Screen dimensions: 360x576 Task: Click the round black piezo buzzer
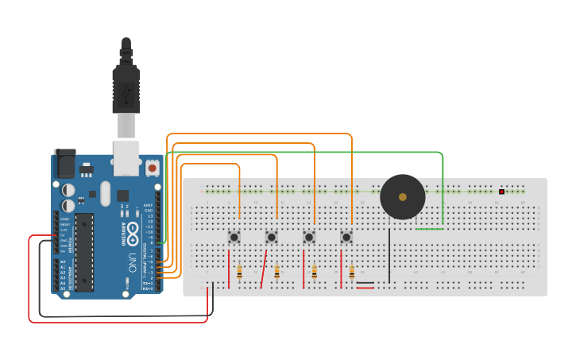[x=402, y=197]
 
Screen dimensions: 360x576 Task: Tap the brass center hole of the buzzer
[x=402, y=197]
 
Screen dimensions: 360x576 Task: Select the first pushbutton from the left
[x=234, y=237]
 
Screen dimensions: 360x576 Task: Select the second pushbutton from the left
[x=272, y=237]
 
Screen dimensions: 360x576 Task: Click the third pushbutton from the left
[x=309, y=237]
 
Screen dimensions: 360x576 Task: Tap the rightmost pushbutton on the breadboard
[x=346, y=237]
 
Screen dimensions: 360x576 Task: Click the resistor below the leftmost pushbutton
[x=239, y=272]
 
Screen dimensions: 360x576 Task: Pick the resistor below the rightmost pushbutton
[x=352, y=272]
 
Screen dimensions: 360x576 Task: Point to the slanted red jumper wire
[x=264, y=269]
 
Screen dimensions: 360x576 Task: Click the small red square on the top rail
[x=501, y=192]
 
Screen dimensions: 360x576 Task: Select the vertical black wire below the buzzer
[x=389, y=254]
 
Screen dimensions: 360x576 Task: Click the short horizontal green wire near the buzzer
[x=429, y=229]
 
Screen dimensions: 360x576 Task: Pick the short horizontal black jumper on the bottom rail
[x=365, y=282]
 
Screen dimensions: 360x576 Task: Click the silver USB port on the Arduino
[x=126, y=157]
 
